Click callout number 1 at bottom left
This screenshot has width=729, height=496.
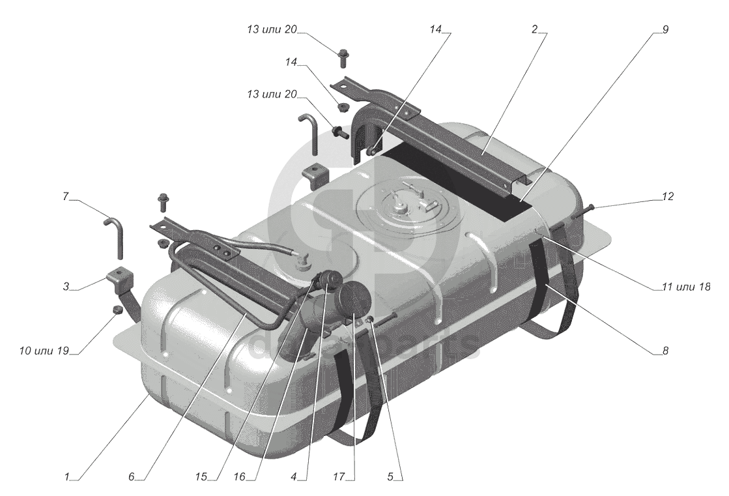tap(67, 476)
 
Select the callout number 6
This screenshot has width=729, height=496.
tap(132, 476)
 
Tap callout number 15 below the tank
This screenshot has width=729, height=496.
tap(201, 476)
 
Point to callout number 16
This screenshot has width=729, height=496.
tap(240, 476)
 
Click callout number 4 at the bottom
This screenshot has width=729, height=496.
tap(293, 476)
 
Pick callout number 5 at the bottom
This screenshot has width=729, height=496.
tap(390, 476)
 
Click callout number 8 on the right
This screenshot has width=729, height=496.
tap(665, 351)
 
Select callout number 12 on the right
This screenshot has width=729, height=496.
tap(668, 197)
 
